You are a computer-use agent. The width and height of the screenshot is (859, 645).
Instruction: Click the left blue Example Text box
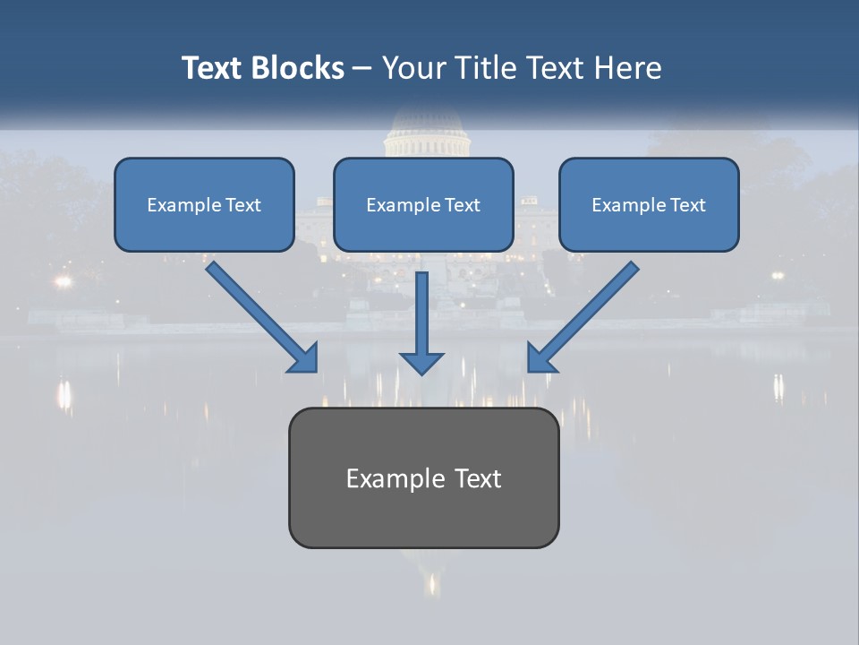click(204, 204)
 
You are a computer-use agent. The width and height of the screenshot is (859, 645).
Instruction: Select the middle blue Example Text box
click(423, 204)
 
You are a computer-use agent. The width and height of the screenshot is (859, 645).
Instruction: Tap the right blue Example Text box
click(649, 204)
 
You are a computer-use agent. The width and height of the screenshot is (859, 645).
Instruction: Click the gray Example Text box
click(423, 477)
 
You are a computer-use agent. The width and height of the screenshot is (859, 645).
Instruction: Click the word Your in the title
click(412, 68)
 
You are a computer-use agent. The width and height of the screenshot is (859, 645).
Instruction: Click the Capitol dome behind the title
click(426, 134)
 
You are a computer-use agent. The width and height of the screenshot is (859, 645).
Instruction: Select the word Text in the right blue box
click(687, 205)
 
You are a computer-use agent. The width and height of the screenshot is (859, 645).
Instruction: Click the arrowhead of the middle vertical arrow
click(421, 361)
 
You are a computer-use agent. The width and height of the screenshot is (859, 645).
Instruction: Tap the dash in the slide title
click(363, 68)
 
